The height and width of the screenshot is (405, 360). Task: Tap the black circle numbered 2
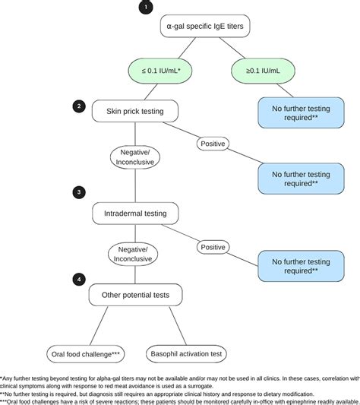pyautogui.click(x=77, y=106)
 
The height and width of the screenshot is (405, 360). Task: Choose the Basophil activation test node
pyautogui.click(x=186, y=353)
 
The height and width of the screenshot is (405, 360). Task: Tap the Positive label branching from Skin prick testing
pyautogui.click(x=213, y=143)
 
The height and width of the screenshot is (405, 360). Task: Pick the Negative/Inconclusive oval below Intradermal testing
pyautogui.click(x=132, y=253)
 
